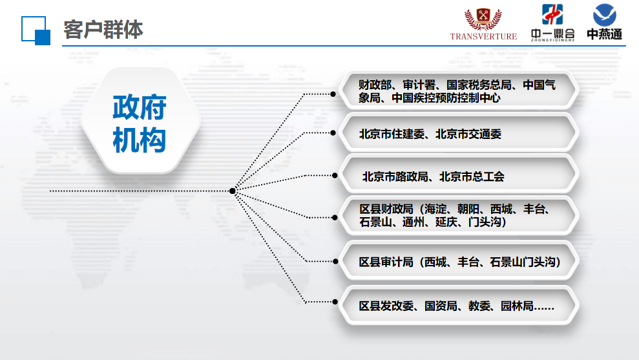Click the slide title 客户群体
[103, 30]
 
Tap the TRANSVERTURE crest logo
[483, 24]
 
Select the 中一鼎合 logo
[552, 23]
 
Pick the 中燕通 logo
[604, 21]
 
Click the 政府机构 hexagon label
[140, 123]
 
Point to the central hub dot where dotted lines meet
[233, 191]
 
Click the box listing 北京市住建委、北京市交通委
[459, 133]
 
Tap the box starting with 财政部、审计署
[459, 91]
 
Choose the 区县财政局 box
[459, 216]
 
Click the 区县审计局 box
[459, 261]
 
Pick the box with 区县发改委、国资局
[459, 305]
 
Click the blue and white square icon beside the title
[36, 30]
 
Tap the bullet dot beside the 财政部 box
[333, 94]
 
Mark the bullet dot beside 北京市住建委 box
[333, 133]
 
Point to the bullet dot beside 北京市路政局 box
[335, 176]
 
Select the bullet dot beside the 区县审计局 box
[335, 261]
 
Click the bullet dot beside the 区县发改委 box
[335, 302]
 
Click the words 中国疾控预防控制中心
[446, 98]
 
